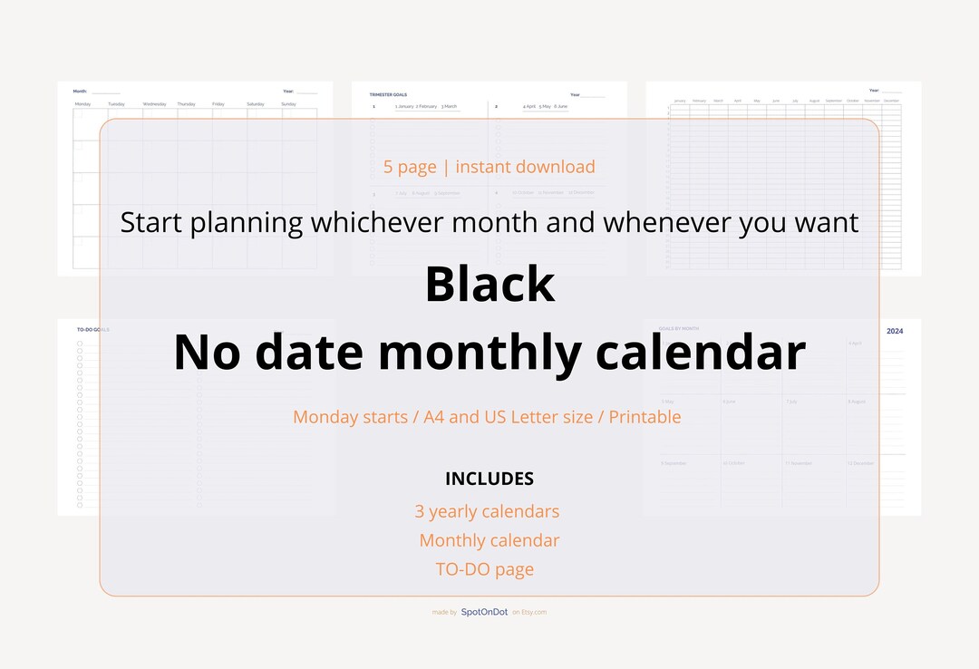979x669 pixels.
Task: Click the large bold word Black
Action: click(489, 285)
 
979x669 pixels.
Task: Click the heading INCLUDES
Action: click(489, 479)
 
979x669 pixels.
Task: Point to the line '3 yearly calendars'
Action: click(487, 511)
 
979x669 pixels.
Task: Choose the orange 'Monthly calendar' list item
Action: click(489, 540)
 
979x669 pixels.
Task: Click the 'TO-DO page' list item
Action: click(485, 569)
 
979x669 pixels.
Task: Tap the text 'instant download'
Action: click(525, 167)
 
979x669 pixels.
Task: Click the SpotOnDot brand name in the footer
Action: click(484, 612)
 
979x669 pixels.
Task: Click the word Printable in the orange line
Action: click(645, 417)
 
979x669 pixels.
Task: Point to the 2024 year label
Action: click(895, 332)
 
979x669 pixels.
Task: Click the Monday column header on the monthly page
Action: click(82, 104)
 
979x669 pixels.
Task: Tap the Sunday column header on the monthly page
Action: click(288, 104)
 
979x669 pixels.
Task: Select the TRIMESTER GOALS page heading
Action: click(388, 94)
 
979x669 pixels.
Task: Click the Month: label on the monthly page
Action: click(80, 91)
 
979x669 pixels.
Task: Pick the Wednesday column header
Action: click(154, 104)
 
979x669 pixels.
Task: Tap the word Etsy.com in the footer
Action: click(535, 612)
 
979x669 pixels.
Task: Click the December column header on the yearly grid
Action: click(891, 101)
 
